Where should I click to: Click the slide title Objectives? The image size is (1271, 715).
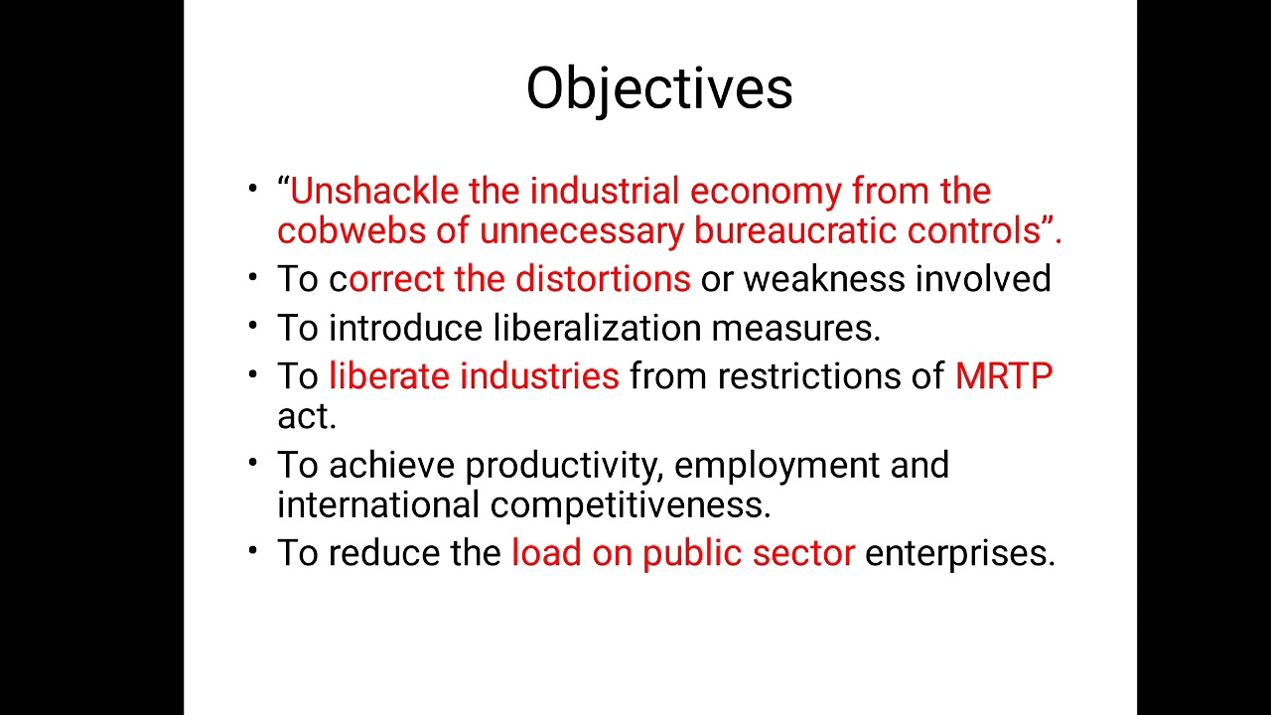tap(659, 88)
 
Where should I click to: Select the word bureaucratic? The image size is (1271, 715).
tap(795, 230)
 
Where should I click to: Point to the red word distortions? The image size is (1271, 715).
tap(603, 279)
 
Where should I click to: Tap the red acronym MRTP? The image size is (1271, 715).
tap(1003, 376)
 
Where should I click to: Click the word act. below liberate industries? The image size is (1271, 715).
tap(306, 417)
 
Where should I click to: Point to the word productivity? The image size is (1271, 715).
tap(563, 465)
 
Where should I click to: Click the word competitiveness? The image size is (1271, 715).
tap(630, 504)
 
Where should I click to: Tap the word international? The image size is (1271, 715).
tap(378, 504)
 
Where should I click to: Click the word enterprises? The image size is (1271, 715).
tap(959, 553)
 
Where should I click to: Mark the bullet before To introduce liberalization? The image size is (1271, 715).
tap(254, 325)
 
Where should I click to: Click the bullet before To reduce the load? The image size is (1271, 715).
tap(254, 549)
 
